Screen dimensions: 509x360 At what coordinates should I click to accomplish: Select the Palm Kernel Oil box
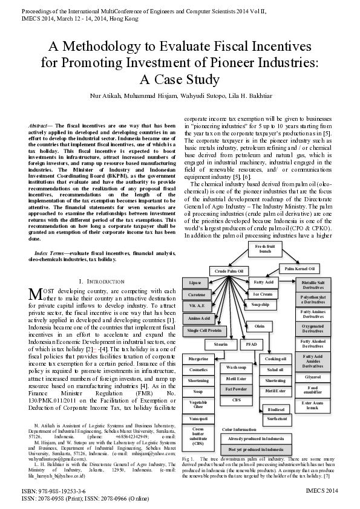[x=298, y=268]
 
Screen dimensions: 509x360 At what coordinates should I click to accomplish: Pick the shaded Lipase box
[x=195, y=282]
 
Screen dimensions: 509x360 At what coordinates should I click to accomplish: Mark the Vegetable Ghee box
[x=198, y=404]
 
